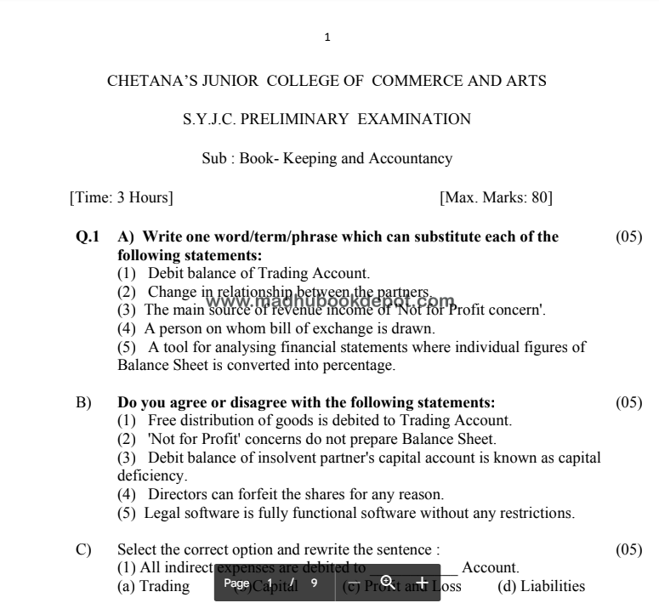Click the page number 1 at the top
327,37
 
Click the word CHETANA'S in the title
141,82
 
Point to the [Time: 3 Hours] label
121,198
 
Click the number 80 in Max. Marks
539,198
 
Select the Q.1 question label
88,236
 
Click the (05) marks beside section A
628,236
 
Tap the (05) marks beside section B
628,402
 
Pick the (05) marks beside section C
628,550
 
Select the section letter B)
83,402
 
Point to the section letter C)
83,550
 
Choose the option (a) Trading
153,586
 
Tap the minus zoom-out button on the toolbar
355,583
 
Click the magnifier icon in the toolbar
387,582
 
